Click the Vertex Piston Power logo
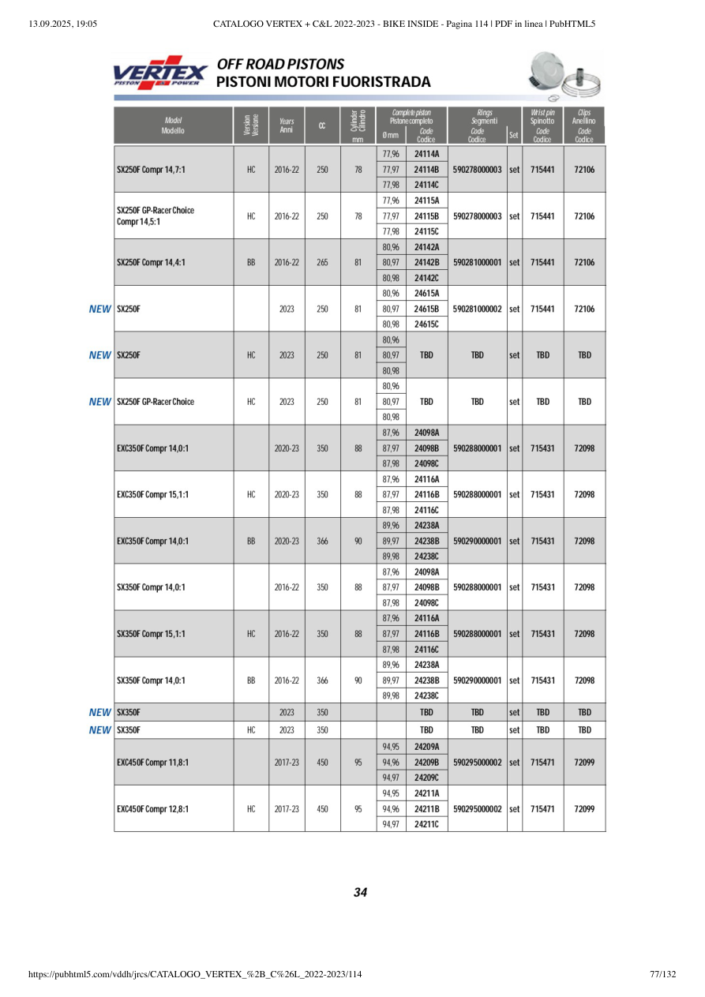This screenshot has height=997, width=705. click(160, 73)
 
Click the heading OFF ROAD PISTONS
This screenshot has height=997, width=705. click(280, 64)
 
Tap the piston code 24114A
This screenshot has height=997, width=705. click(426, 154)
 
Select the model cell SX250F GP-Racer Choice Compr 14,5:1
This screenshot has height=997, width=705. click(156, 216)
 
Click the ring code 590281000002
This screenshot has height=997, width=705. click(477, 309)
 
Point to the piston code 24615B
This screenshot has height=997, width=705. click(426, 309)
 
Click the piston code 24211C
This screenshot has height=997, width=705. click(426, 824)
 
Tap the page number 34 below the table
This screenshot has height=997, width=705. click(360, 893)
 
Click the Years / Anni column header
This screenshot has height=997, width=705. click(287, 126)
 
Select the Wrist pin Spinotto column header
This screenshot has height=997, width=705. click(542, 126)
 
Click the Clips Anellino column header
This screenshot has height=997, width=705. click(584, 126)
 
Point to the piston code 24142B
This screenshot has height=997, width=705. click(426, 262)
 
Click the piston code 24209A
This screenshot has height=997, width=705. click(426, 747)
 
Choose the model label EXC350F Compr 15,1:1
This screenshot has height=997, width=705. click(153, 495)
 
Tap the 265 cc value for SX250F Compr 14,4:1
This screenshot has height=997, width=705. click(322, 262)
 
